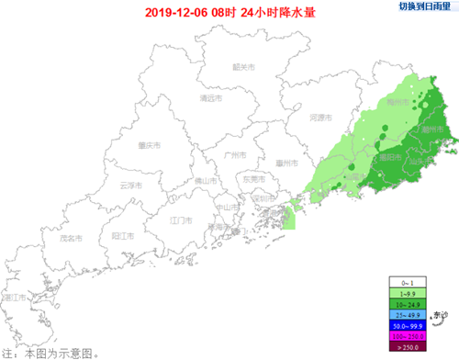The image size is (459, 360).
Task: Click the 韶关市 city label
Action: click(243, 66)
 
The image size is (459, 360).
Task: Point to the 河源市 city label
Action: click(319, 118)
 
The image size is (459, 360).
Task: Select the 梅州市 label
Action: click(398, 102)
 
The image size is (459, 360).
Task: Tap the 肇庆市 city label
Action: click(150, 145)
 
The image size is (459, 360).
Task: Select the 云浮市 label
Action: click(131, 185)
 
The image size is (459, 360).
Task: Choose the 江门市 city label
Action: click(180, 221)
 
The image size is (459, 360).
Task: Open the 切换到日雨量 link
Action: click(425, 6)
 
